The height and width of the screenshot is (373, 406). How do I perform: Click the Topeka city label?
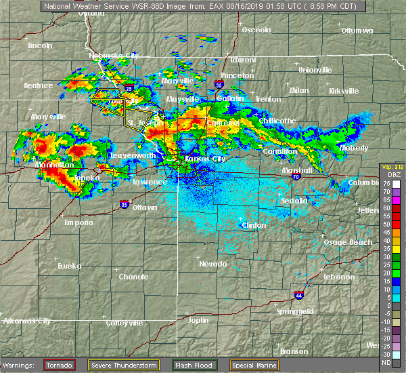[x=87, y=178]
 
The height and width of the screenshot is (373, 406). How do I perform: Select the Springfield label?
[x=294, y=311]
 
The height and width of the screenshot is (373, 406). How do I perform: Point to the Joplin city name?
[x=198, y=319]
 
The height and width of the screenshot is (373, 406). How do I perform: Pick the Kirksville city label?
[x=344, y=91]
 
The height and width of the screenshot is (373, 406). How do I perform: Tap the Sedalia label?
[x=294, y=201]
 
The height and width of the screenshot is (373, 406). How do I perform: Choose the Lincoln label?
[x=41, y=45]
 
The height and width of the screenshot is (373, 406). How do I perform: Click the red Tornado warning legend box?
[x=60, y=365]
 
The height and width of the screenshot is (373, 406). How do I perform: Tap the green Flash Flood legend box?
[x=195, y=365]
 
